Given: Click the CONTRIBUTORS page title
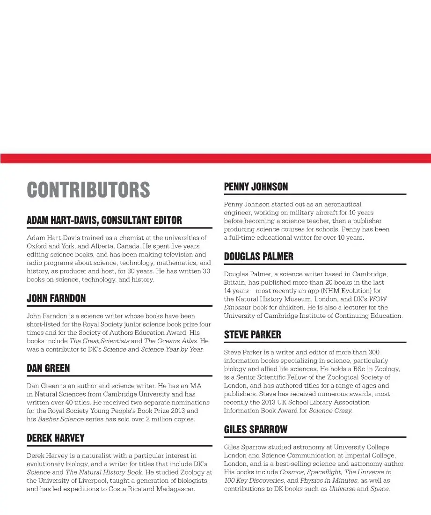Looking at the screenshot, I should (88, 190).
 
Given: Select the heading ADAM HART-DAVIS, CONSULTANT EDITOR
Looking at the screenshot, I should (104, 220).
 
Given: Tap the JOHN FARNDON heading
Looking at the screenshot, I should (56, 298).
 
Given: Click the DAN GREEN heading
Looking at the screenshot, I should (48, 368).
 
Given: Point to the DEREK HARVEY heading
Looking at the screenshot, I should (56, 438).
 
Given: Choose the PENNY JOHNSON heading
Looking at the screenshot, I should (256, 187).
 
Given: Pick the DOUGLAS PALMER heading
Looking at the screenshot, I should (259, 257).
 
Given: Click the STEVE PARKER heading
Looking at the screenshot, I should (253, 335).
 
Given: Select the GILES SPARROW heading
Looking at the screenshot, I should (256, 429).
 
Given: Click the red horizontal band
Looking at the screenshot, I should (215, 158).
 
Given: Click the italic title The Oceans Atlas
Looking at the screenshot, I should (170, 341).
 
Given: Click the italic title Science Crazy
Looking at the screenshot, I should (330, 411).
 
